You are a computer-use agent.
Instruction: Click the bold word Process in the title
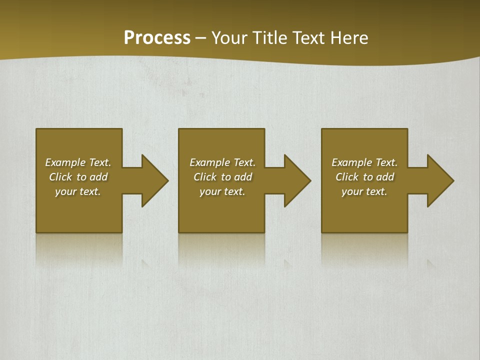157,38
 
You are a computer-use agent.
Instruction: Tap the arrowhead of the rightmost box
439,180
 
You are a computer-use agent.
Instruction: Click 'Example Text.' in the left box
78,162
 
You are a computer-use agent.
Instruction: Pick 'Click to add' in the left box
78,177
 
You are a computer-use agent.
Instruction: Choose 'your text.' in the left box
78,191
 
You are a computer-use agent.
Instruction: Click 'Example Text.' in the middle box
222,162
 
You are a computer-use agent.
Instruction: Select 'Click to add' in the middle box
222,177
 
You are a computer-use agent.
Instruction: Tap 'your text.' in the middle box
222,191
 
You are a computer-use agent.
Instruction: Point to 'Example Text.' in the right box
364,162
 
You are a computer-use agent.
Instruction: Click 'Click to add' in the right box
364,177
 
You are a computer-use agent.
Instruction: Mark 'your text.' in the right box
364,191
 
